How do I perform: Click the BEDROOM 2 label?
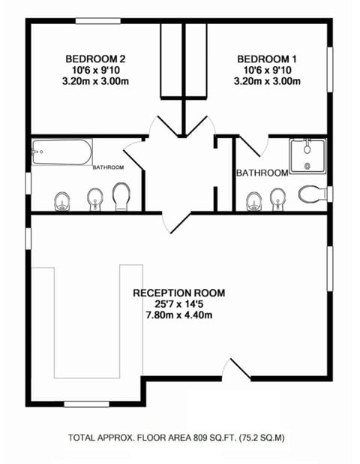(x=94, y=59)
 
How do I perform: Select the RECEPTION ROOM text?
(x=178, y=292)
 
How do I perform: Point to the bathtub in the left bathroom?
(x=61, y=155)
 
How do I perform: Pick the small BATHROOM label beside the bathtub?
(x=108, y=168)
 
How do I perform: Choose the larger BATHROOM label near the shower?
(x=262, y=173)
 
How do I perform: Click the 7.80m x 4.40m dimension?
(x=178, y=315)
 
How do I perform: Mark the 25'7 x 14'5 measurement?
(x=178, y=304)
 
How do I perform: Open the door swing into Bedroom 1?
(x=205, y=125)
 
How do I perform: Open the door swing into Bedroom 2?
(x=159, y=126)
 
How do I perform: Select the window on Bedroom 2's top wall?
(x=100, y=22)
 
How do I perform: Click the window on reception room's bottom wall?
(x=86, y=405)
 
